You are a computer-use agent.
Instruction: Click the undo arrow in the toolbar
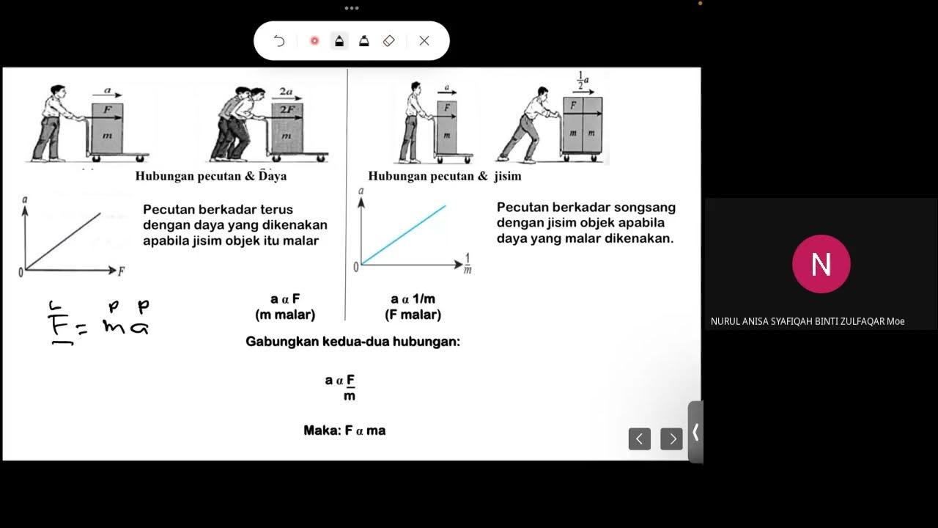click(x=279, y=41)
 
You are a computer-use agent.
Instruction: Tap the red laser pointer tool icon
click(x=314, y=41)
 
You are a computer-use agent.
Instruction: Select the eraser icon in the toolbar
click(x=389, y=41)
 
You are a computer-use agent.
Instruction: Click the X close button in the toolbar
click(x=424, y=41)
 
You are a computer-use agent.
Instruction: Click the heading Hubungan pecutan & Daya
click(x=210, y=176)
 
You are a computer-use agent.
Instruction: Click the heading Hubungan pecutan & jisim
click(x=444, y=176)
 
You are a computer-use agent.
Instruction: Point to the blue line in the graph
click(x=404, y=234)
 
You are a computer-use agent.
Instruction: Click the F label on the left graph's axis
click(x=121, y=271)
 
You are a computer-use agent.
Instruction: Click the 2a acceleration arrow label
click(x=286, y=92)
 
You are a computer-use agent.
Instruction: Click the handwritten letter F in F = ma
click(x=56, y=325)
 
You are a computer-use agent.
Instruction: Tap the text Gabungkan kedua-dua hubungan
click(x=352, y=342)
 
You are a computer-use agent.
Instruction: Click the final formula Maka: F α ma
click(x=344, y=430)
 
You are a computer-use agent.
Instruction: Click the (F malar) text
click(x=413, y=315)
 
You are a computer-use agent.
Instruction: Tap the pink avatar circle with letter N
click(x=821, y=264)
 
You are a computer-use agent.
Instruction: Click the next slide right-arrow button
click(x=671, y=439)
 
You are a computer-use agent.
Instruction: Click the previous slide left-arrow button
click(x=639, y=439)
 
